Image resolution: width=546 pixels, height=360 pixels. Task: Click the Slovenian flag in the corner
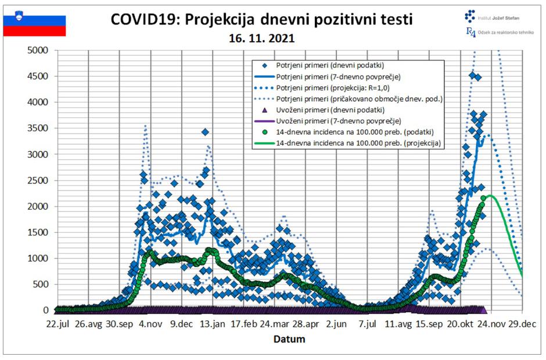tap(34, 26)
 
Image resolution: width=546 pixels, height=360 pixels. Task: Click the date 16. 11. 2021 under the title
tap(261, 40)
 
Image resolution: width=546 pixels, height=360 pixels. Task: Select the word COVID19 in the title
tap(148, 20)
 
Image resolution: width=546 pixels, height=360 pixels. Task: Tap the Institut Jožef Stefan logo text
tap(498, 17)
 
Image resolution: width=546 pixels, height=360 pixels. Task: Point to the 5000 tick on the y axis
tap(39, 50)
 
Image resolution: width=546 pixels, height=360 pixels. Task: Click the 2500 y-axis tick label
tap(39, 180)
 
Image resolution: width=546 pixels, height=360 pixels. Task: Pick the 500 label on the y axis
tap(42, 285)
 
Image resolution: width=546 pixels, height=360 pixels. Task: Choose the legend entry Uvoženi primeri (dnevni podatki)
tap(332, 110)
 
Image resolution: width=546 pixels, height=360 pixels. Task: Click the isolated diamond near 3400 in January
tap(205, 132)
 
